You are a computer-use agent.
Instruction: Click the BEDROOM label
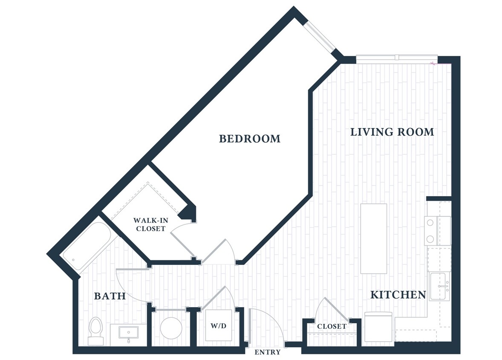[250, 139]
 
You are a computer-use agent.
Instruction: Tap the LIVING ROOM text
[392, 132]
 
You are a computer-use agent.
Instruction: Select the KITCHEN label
[398, 294]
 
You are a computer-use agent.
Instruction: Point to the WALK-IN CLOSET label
[149, 224]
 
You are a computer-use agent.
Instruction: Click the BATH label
[110, 296]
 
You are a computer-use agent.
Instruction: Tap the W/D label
[218, 326]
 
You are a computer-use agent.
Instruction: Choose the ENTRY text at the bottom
[267, 352]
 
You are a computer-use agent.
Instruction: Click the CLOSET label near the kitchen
[332, 326]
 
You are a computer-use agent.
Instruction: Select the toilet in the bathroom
[95, 331]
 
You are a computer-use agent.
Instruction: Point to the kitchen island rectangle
[374, 238]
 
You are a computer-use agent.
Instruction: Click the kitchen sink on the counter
[440, 287]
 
